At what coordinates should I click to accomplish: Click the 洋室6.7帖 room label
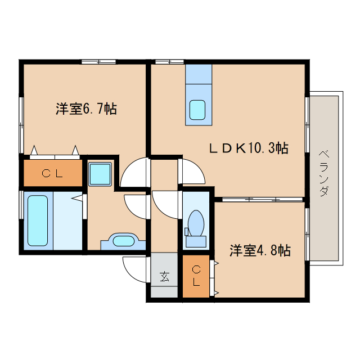pos(86,109)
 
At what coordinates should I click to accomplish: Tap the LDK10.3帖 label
pos(249,148)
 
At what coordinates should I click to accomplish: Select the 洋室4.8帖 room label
pos(259,250)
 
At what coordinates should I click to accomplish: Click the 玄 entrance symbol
pos(164,276)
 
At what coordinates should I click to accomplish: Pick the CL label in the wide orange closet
pos(52,173)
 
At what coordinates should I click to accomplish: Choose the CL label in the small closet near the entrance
pos(196,275)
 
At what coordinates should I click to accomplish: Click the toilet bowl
pos(196,223)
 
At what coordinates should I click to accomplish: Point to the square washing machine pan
pos(101,173)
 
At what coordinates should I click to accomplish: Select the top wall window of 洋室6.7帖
pos(98,61)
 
